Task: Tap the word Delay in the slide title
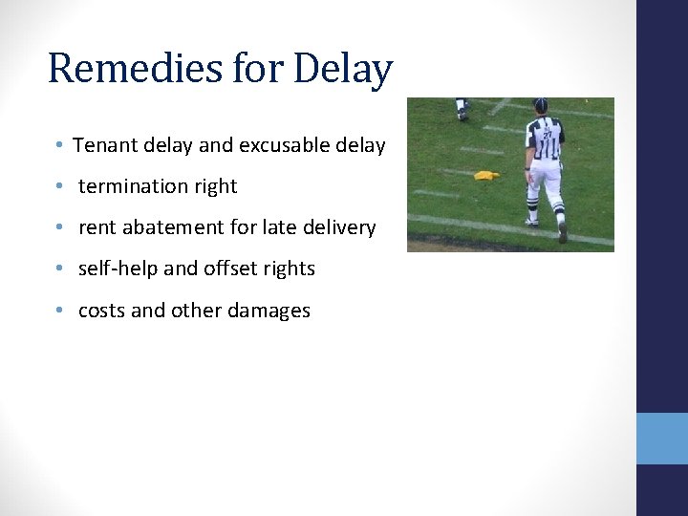click(343, 69)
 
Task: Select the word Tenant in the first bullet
click(103, 145)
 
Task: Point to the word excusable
click(283, 145)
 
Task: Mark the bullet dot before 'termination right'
click(59, 186)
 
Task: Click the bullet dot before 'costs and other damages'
click(59, 310)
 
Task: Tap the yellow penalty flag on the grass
click(486, 175)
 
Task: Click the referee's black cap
click(541, 104)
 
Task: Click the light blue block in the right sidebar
click(661, 438)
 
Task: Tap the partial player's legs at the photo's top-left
click(462, 108)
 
